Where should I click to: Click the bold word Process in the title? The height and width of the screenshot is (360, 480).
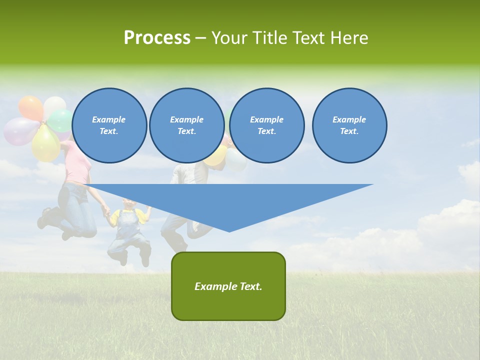click(157, 38)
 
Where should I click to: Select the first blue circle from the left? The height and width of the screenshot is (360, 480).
click(109, 125)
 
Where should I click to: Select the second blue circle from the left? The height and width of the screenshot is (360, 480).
click(187, 125)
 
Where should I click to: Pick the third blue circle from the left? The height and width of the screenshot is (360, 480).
click(267, 125)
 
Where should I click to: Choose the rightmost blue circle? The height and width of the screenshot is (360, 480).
click(349, 125)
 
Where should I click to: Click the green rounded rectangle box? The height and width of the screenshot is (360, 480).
click(228, 286)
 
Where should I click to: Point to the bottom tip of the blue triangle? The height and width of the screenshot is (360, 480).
click(229, 231)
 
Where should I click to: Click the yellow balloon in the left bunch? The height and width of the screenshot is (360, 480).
click(45, 144)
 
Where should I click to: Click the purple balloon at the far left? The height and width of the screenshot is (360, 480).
click(19, 131)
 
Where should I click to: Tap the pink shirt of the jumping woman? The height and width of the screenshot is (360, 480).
click(76, 165)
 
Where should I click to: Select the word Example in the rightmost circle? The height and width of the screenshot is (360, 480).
click(349, 119)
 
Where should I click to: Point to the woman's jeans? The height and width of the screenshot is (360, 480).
click(80, 210)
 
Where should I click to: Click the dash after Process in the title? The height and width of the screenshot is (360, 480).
click(201, 38)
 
